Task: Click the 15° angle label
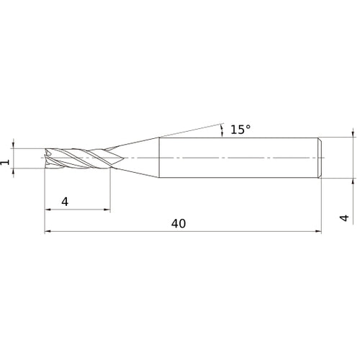[x=240, y=130]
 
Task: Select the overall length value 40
[x=179, y=224]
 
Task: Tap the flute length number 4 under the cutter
[x=65, y=202]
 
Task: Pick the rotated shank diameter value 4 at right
[x=344, y=218]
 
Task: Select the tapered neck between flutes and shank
[x=135, y=157]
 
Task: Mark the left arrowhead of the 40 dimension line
[x=48, y=232]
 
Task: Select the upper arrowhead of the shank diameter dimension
[x=352, y=133]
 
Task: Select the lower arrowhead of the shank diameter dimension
[x=352, y=181]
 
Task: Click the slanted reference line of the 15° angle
[x=191, y=130]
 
